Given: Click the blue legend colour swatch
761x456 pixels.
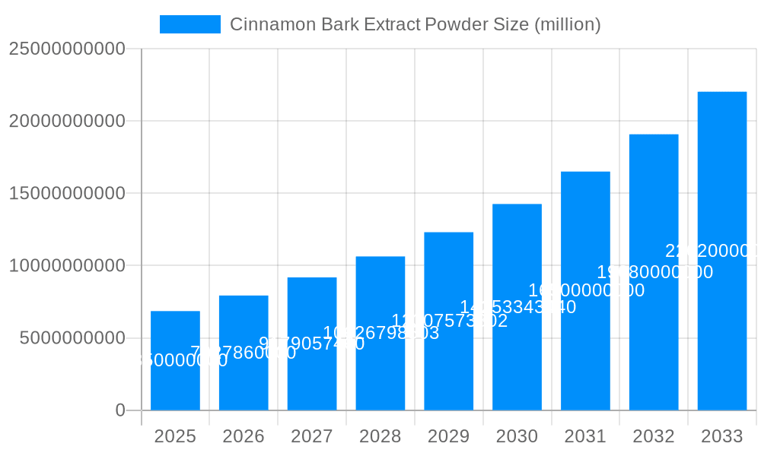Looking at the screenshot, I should (189, 24).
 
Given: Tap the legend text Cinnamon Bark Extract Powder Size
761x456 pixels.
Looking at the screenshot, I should (415, 24).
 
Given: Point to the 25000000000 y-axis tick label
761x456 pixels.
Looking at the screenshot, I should (67, 49).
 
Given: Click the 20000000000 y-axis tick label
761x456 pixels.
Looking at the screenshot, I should (67, 121).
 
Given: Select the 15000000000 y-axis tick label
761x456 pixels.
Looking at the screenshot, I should (67, 193).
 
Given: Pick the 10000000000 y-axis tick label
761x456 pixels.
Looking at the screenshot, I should (67, 266).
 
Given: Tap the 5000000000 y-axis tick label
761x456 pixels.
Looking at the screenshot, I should (72, 338).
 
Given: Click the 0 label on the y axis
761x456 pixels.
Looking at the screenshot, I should (120, 410).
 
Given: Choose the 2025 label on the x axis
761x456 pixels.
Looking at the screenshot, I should (175, 436).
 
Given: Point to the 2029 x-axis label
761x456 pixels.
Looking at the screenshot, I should (448, 436).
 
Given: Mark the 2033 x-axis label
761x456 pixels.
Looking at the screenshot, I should (722, 436).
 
